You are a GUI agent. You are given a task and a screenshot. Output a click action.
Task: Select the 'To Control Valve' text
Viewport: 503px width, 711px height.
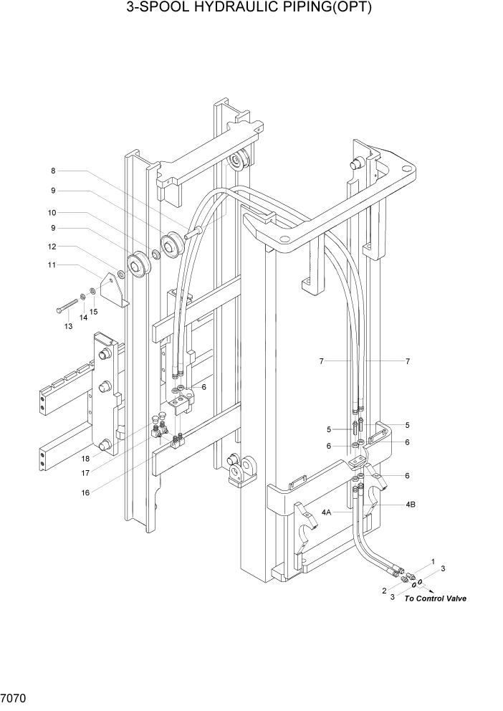click(435, 598)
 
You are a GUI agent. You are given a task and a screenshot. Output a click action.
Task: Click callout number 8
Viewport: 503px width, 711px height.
click(53, 171)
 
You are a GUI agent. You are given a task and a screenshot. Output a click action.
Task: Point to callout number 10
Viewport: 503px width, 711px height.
click(53, 213)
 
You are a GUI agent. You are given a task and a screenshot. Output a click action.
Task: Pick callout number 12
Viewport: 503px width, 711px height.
click(53, 247)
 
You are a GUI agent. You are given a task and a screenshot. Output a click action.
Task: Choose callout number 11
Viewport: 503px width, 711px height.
click(53, 265)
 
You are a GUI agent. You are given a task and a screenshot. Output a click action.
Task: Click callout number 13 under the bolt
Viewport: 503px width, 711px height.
click(69, 326)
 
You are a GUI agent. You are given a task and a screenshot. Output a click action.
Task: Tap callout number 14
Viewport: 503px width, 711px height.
click(83, 317)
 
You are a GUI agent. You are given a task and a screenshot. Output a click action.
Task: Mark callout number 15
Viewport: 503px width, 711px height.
click(94, 311)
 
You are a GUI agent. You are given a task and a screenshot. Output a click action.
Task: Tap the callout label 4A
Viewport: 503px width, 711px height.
click(327, 512)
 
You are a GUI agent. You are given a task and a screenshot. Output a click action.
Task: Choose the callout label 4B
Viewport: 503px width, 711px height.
click(411, 505)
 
